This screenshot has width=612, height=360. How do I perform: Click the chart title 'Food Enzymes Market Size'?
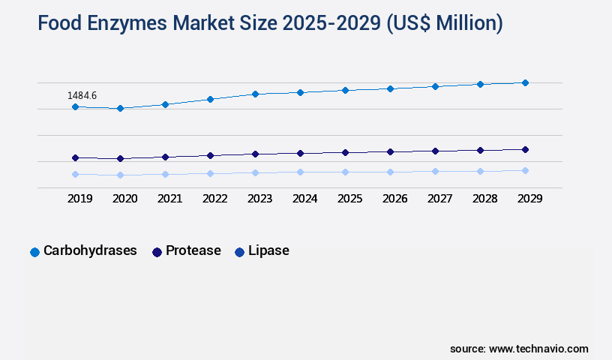tap(270, 24)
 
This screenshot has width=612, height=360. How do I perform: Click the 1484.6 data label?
tap(82, 95)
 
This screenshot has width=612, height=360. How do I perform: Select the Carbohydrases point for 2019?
tap(75, 107)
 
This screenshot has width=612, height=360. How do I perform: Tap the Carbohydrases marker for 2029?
tap(525, 82)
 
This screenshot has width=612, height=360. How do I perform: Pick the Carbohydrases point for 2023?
tap(255, 94)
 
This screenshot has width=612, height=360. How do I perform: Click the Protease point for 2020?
tap(120, 159)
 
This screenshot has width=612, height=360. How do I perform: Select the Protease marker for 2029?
tap(525, 149)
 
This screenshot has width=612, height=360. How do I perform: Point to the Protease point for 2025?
tap(345, 152)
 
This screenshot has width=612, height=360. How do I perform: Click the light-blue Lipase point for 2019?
tap(75, 175)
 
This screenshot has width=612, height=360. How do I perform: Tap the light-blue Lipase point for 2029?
tap(525, 170)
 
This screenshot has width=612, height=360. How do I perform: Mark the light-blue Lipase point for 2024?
tap(300, 172)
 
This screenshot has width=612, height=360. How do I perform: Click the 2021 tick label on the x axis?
tap(169, 199)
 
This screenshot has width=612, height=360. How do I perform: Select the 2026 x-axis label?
tap(394, 199)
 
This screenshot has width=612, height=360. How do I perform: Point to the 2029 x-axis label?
tap(529, 199)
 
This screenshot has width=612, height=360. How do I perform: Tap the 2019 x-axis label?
tap(79, 199)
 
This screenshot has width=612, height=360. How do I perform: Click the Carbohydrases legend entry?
tap(83, 251)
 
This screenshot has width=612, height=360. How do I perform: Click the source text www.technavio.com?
tap(519, 349)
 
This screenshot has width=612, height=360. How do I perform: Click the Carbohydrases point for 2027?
tap(435, 86)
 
